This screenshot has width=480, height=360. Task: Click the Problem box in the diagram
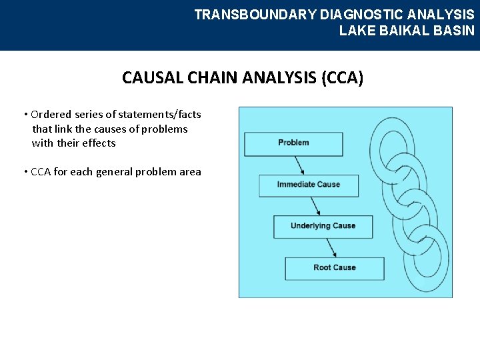point(293,143)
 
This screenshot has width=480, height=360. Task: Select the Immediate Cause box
point(308,185)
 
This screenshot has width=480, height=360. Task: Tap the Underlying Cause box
point(323,227)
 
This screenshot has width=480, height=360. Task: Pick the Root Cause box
point(335,268)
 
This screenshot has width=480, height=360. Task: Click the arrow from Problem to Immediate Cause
point(301,165)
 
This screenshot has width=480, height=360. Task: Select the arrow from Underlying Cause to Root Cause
point(330,247)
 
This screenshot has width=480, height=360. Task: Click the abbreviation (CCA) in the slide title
point(342,78)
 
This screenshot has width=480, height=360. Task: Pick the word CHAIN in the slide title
point(215,78)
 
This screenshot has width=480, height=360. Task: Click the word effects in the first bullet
point(99,143)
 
